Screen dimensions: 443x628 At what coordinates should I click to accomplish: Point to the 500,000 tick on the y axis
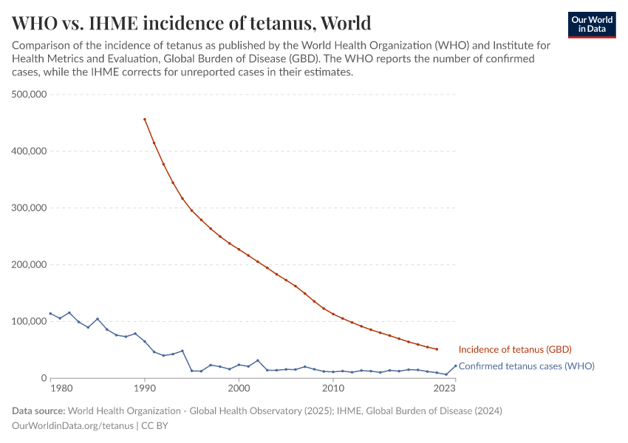pos(30,95)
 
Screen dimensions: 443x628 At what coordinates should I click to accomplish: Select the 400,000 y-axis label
pos(30,151)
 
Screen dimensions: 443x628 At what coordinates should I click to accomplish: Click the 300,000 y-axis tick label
pos(30,208)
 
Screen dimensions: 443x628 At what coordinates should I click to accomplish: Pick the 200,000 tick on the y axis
pos(30,265)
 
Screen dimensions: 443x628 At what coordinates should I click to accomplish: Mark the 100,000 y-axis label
pos(30,322)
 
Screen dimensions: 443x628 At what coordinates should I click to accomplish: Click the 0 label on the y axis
pos(44,379)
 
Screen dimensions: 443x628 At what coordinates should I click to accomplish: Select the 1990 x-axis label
pos(145,388)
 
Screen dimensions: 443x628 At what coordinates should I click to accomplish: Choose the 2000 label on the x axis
pos(239,388)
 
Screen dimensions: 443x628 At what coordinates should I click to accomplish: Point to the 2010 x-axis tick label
pos(333,388)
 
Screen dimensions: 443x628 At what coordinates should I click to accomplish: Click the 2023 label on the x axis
pos(445,388)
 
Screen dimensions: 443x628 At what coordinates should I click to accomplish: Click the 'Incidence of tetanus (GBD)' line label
pos(515,349)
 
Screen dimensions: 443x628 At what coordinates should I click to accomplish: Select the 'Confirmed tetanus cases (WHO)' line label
pos(526,365)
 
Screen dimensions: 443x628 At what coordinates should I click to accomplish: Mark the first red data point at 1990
pos(145,119)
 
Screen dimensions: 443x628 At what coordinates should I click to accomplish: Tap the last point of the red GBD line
pos(437,349)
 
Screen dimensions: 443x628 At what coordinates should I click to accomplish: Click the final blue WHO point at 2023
pos(455,365)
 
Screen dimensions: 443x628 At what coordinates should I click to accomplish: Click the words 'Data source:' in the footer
pos(38,411)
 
